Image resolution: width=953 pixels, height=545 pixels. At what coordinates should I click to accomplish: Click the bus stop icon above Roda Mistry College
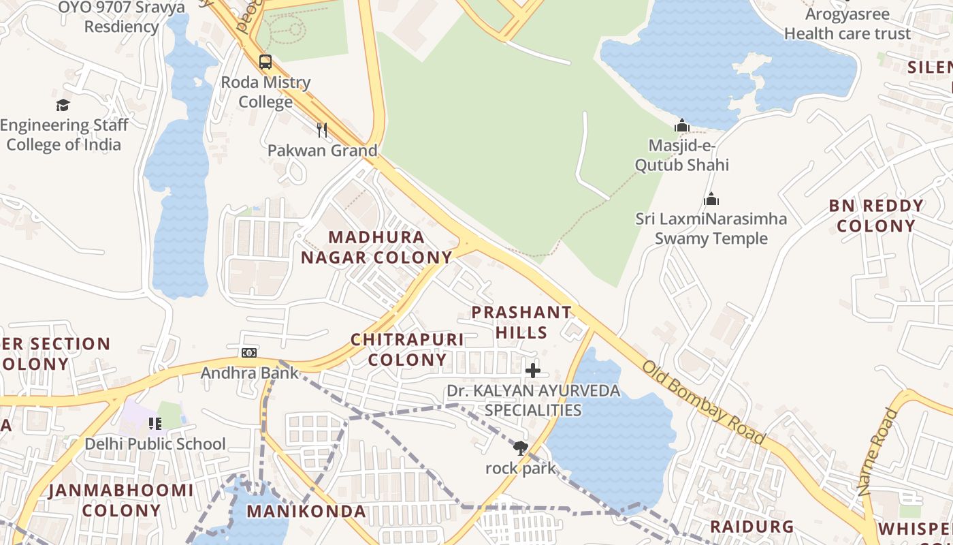click(x=265, y=62)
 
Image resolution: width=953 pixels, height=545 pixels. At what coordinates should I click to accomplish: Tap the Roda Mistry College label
click(x=265, y=92)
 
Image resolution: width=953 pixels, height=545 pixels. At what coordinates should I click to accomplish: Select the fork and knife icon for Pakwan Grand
click(x=322, y=129)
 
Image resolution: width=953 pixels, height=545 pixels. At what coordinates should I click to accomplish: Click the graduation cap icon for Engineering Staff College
click(x=63, y=105)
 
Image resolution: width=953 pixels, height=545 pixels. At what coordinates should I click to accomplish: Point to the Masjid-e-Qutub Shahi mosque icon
click(x=682, y=125)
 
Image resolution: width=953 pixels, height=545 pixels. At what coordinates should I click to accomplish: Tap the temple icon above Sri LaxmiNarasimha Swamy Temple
click(x=711, y=199)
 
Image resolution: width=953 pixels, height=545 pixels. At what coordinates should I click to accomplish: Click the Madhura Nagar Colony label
click(x=376, y=247)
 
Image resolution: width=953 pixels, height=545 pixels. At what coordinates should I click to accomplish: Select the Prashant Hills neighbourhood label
click(x=521, y=322)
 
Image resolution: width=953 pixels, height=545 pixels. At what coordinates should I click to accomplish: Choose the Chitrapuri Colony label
click(x=407, y=349)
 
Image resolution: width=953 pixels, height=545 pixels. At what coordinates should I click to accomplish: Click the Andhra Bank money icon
click(x=249, y=352)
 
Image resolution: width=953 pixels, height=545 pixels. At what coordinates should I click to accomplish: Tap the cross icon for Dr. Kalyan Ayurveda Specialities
click(x=533, y=371)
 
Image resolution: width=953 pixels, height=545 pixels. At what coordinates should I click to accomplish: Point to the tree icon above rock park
click(x=521, y=448)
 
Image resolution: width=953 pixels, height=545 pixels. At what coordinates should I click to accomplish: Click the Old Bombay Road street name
click(x=704, y=403)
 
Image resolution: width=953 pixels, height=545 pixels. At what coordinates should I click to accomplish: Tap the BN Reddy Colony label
click(x=876, y=216)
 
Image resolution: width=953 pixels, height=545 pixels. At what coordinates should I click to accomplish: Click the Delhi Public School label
click(x=155, y=444)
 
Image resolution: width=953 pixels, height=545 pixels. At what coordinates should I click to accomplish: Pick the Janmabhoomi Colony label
click(x=121, y=500)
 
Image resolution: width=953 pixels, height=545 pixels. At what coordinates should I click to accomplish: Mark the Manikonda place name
click(x=306, y=512)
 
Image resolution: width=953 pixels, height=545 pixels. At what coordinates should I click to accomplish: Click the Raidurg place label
click(x=752, y=527)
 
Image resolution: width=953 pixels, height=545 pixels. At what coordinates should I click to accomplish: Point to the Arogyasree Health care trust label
click(x=847, y=24)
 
